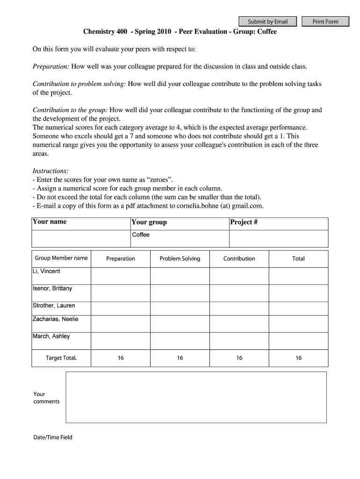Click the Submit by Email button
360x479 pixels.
tap(267, 22)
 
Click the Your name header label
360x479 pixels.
tap(49, 222)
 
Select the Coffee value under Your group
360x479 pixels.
tap(141, 235)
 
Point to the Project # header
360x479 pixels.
tap(244, 222)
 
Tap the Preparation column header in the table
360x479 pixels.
tap(121, 259)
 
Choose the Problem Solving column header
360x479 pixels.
tap(180, 259)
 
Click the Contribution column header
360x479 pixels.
tap(239, 259)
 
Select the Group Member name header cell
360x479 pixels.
tap(61, 258)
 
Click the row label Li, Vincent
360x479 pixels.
tap(46, 271)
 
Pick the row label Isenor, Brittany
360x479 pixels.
tap(52, 289)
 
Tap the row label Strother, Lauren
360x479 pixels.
tap(54, 306)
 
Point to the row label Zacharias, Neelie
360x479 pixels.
tap(55, 319)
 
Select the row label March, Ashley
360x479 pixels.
tap(51, 336)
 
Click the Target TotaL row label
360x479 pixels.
tap(61, 358)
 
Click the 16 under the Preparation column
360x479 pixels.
tap(121, 358)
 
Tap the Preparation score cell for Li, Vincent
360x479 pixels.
tap(121, 276)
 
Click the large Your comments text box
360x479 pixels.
tap(196, 397)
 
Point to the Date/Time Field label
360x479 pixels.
tap(53, 438)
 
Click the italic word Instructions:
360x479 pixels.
tap(50, 171)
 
